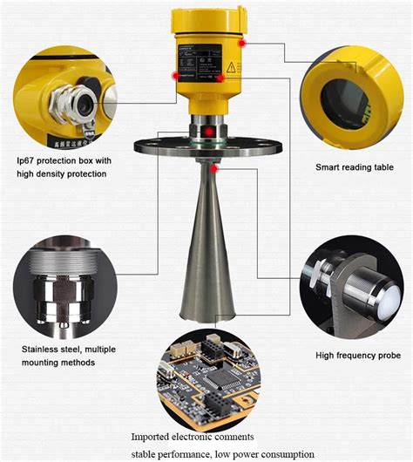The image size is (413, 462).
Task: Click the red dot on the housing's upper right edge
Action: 243,42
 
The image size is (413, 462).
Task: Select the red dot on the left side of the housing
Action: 176,76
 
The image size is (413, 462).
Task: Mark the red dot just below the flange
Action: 213,166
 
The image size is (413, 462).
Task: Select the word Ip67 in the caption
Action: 28,161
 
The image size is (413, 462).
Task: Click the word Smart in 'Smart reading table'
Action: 328,166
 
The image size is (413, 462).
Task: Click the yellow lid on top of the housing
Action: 206,16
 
